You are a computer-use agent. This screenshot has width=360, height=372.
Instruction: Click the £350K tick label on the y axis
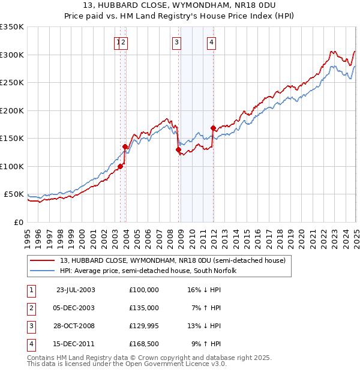[x=12, y=27]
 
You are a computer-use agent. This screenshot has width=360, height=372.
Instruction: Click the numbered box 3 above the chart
[x=177, y=42]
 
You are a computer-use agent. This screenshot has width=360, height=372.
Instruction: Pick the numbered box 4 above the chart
[x=212, y=42]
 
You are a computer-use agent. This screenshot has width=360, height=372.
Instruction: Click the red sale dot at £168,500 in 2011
[x=213, y=128]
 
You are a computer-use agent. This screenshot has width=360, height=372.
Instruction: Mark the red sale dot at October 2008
[x=178, y=149]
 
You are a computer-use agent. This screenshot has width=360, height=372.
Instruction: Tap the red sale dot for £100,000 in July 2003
[x=121, y=166]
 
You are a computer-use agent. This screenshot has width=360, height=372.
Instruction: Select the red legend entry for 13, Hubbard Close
[x=168, y=260]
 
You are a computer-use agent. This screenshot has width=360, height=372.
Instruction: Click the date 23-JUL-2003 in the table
[x=76, y=290]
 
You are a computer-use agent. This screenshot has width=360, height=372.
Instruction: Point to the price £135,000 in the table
[x=143, y=308]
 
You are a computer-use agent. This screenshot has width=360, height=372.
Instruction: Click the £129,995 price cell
[x=143, y=326]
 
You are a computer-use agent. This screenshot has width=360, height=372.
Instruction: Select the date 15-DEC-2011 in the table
[x=76, y=344]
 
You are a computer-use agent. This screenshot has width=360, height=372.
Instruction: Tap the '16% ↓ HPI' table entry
[x=204, y=290]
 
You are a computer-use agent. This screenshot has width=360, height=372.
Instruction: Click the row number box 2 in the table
[x=31, y=308]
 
